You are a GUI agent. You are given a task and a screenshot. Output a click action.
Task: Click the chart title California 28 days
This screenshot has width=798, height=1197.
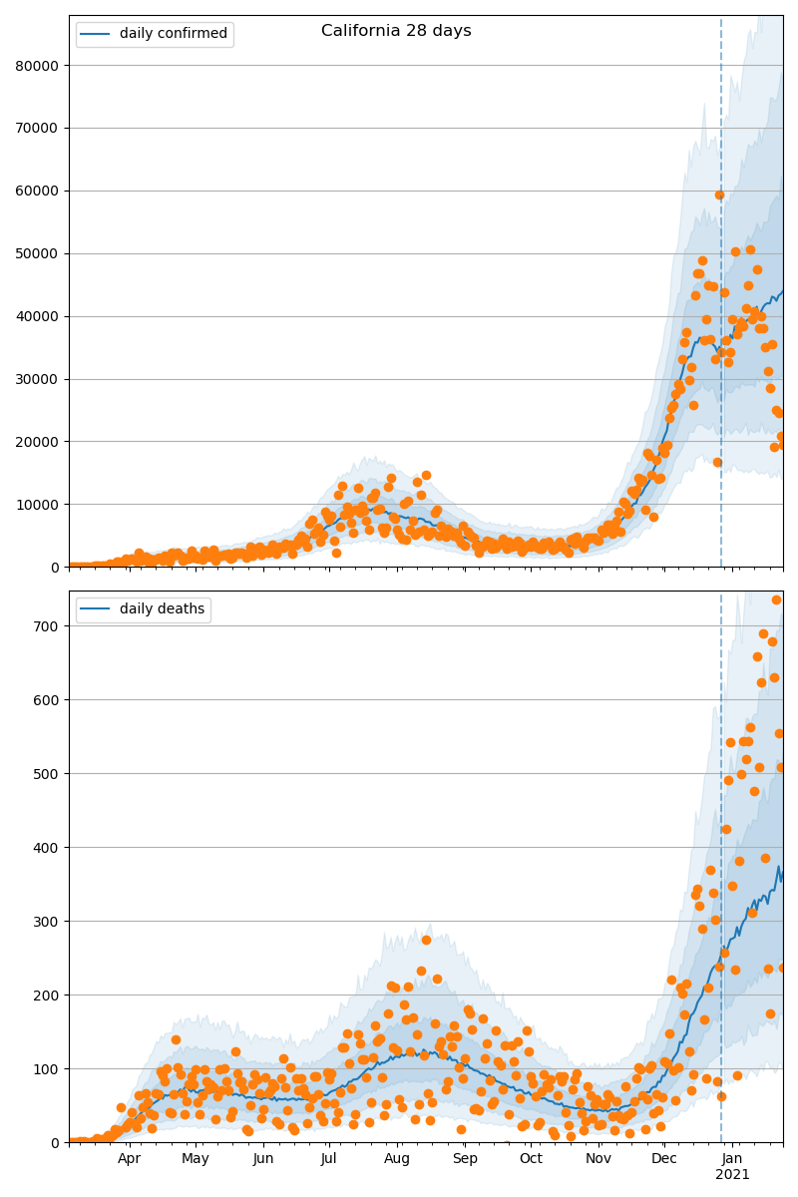click(x=396, y=31)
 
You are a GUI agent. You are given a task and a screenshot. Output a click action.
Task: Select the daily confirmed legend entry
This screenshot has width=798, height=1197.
click(x=173, y=34)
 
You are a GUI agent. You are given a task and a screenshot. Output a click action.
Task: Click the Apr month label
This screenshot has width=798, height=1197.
click(x=130, y=1158)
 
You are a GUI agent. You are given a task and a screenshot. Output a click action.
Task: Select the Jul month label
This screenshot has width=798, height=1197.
click(x=329, y=1158)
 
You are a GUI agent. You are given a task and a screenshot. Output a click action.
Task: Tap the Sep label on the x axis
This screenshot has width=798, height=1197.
click(x=465, y=1158)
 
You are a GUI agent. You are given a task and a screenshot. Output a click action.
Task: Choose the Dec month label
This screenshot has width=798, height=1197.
click(x=664, y=1158)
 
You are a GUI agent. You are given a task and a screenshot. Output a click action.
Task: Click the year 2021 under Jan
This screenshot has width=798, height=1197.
click(x=732, y=1175)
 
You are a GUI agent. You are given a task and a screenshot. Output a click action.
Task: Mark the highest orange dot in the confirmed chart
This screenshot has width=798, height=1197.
click(x=719, y=196)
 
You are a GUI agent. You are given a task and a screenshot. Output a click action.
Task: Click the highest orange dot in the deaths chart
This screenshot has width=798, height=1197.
click(x=776, y=599)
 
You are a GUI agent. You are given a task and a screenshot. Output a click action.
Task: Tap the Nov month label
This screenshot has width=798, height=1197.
click(x=598, y=1158)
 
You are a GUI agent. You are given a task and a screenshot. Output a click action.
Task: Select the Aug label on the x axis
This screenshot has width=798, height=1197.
click(x=397, y=1158)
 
